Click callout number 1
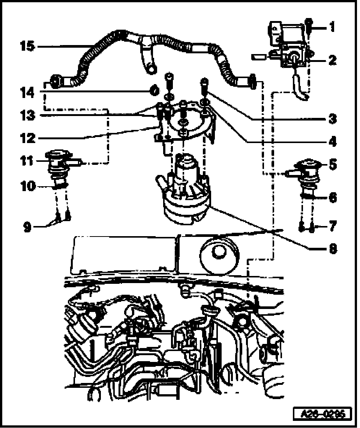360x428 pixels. coord(332,27)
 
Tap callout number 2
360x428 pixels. coord(332,60)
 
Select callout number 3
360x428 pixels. coord(332,119)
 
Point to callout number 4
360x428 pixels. coord(332,142)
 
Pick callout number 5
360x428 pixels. coord(332,164)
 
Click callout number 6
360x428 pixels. coord(332,197)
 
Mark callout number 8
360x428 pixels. coord(332,248)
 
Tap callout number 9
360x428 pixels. coord(27,227)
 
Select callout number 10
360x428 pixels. coord(27,186)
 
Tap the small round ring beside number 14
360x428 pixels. coord(154,90)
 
